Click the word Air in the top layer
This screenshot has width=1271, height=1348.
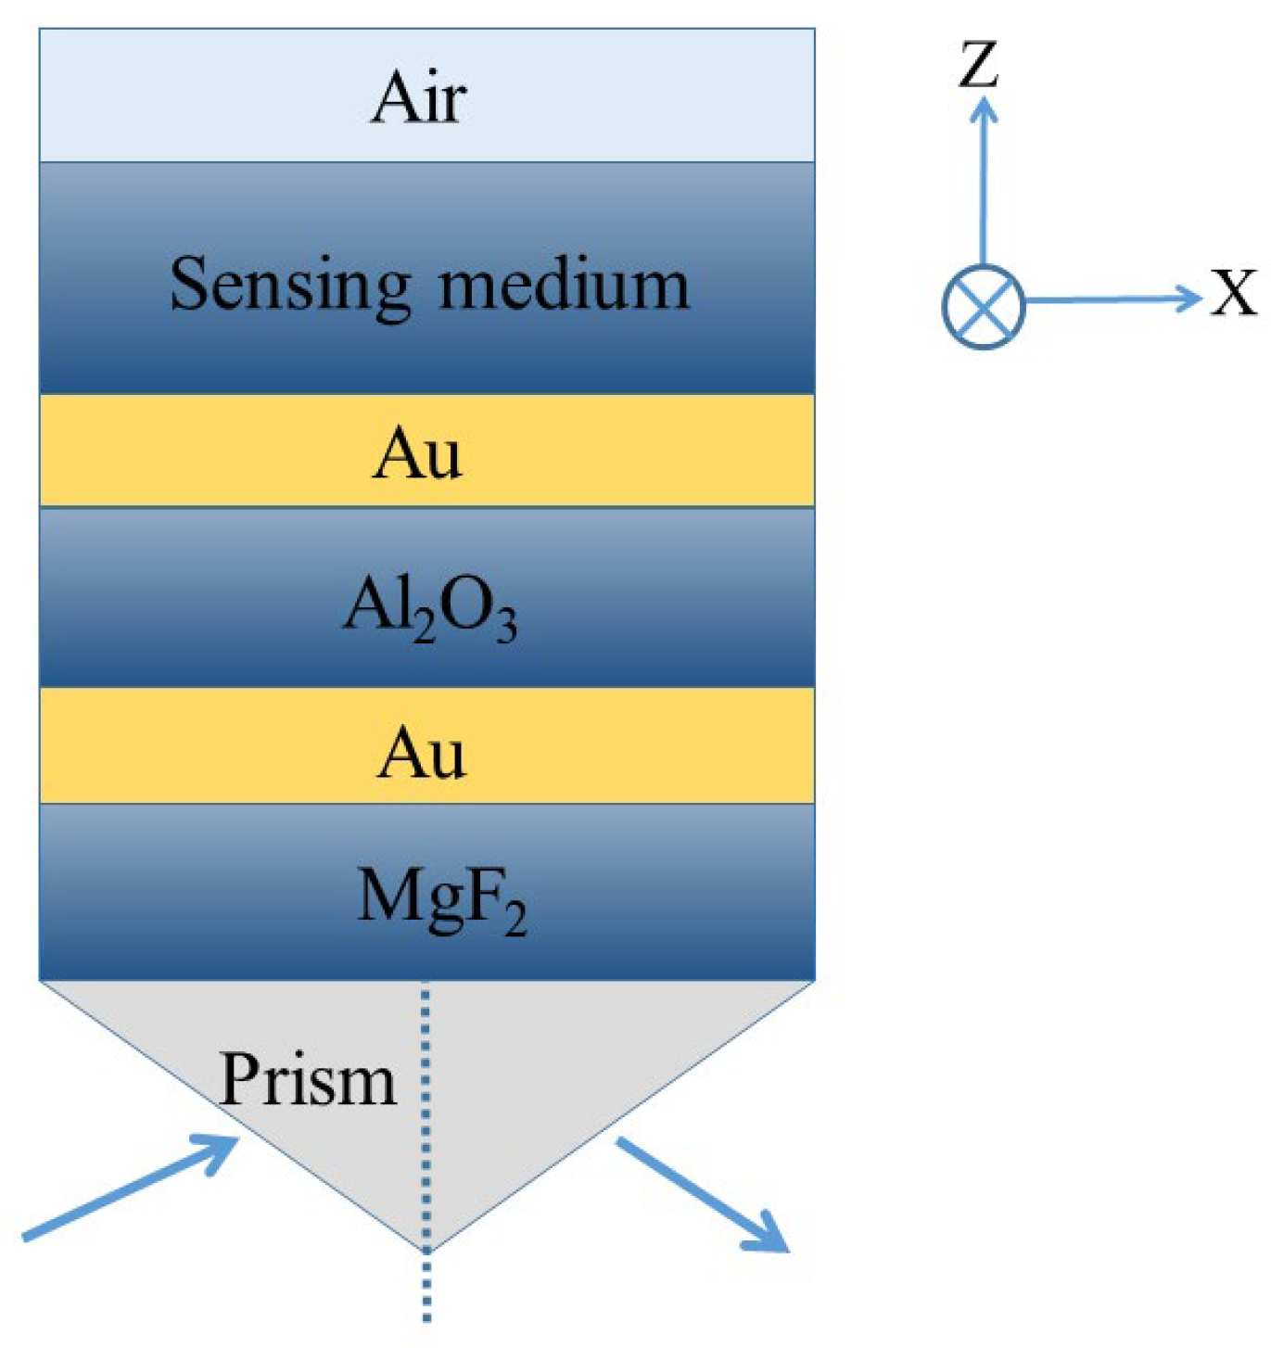pyautogui.click(x=418, y=97)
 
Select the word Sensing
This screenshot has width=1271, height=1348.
pyautogui.click(x=289, y=286)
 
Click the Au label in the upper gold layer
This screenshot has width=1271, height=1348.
pyautogui.click(x=417, y=453)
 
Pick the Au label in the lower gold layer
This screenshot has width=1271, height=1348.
pyautogui.click(x=421, y=753)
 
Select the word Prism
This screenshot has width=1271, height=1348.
pyautogui.click(x=308, y=1079)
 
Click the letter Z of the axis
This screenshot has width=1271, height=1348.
pyautogui.click(x=979, y=65)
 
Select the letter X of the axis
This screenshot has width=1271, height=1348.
pyautogui.click(x=1234, y=294)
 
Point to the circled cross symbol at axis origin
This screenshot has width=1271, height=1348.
pyautogui.click(x=983, y=306)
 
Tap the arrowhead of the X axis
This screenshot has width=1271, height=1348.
pyautogui.click(x=1189, y=298)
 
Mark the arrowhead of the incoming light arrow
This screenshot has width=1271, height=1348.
pyautogui.click(x=223, y=1150)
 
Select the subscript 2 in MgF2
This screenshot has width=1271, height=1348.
pyautogui.click(x=515, y=922)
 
